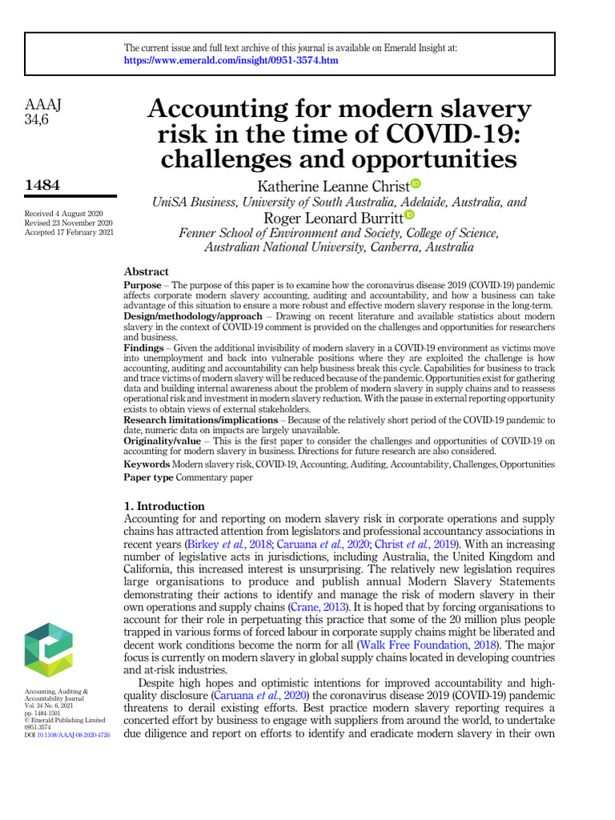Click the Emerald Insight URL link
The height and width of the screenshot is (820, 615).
point(231,60)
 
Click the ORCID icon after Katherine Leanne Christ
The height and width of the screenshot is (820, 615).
point(415,185)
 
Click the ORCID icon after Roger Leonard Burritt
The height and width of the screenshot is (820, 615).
point(410,215)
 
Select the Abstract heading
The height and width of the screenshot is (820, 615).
point(146,271)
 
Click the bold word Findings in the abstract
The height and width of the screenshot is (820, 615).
point(143,348)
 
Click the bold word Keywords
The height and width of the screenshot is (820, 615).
point(147,464)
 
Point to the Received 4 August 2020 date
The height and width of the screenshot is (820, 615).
point(63,213)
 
